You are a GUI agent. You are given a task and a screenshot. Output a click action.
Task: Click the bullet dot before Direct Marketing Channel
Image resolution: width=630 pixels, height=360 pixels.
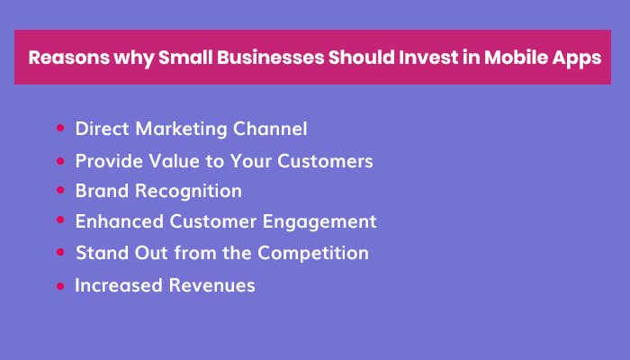pos(60,129)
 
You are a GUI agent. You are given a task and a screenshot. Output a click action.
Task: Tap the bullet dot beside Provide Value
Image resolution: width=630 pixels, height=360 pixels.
pos(60,161)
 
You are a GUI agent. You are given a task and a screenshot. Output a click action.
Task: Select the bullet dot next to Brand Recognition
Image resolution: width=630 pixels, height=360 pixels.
pos(60,191)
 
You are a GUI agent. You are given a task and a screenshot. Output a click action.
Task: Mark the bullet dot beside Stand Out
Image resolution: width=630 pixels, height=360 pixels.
pos(60,253)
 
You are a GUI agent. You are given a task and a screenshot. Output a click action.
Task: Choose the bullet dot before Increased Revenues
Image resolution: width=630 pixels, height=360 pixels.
pos(60,285)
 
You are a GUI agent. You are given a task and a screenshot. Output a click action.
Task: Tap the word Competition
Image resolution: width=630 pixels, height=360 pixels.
pos(314,253)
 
